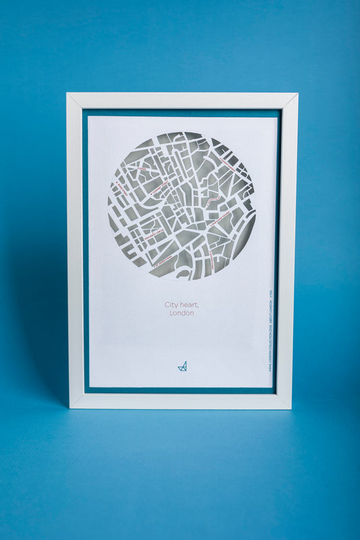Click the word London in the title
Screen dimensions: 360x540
point(182,313)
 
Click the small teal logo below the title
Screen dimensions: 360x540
point(182,366)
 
